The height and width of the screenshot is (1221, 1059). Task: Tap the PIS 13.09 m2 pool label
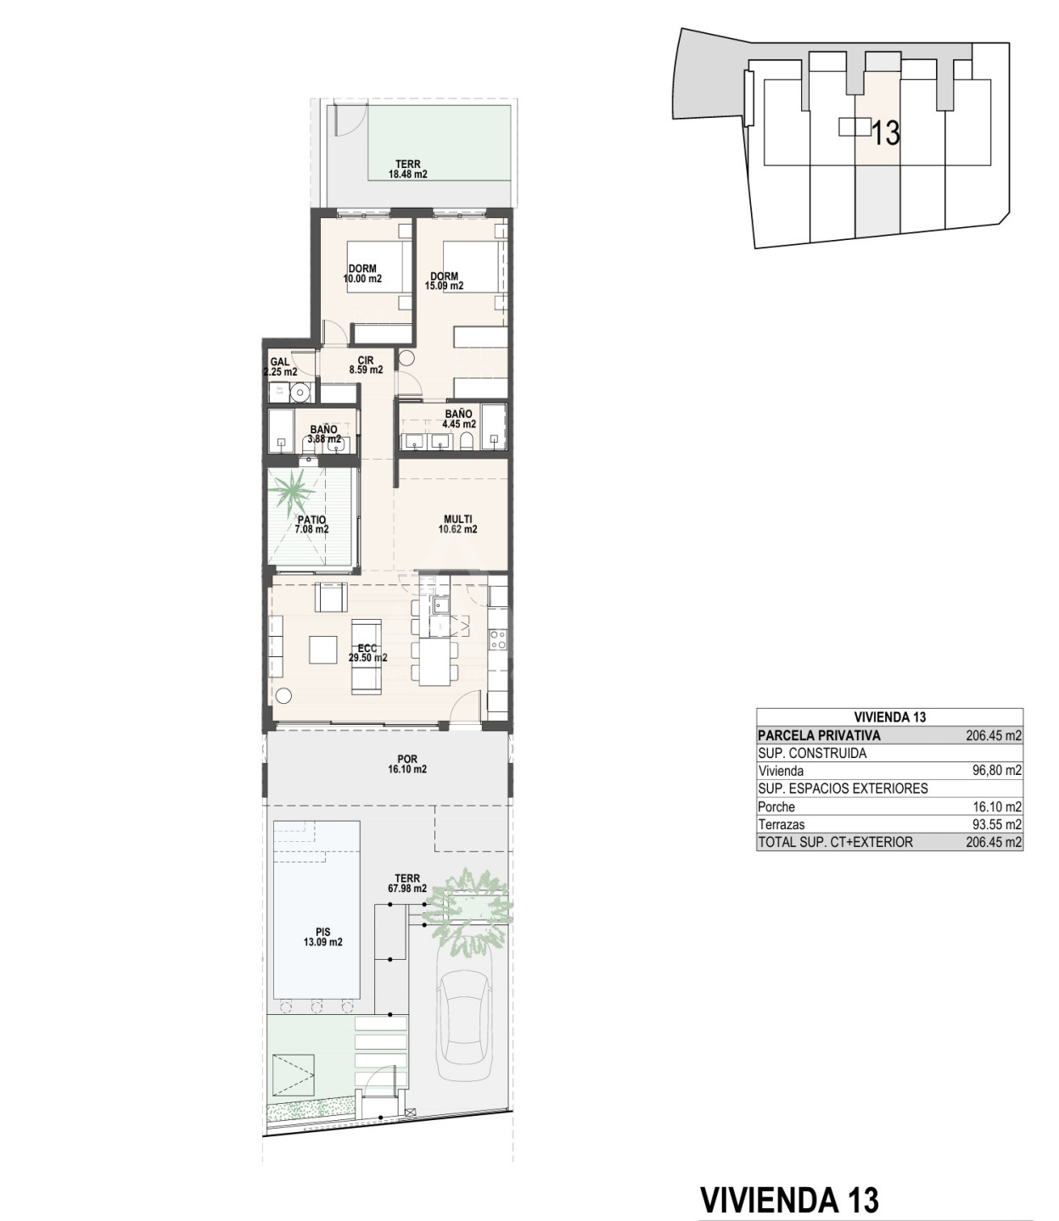(x=322, y=937)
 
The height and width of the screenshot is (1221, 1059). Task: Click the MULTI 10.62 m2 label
(x=457, y=524)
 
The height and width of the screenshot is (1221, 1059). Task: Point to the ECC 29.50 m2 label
(x=367, y=653)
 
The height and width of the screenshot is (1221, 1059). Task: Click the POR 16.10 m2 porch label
(x=407, y=764)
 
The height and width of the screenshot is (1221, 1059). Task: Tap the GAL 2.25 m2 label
(x=280, y=367)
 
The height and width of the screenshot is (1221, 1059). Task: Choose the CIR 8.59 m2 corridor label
(x=366, y=365)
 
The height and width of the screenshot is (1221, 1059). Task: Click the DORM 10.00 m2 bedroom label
(x=362, y=274)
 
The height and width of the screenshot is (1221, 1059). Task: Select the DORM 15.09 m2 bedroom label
(x=444, y=281)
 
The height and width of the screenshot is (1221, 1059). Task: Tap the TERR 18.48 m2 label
(x=408, y=169)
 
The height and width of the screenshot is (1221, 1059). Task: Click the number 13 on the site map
(x=886, y=133)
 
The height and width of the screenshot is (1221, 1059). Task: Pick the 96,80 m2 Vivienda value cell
(x=997, y=770)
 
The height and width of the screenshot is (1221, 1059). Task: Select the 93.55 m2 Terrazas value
(x=997, y=824)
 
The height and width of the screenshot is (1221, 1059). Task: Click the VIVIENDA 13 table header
(x=890, y=717)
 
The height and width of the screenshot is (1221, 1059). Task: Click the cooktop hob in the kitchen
(x=497, y=638)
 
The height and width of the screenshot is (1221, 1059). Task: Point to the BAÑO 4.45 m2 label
(x=459, y=419)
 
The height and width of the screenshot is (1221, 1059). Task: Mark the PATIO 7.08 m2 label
(x=311, y=525)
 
